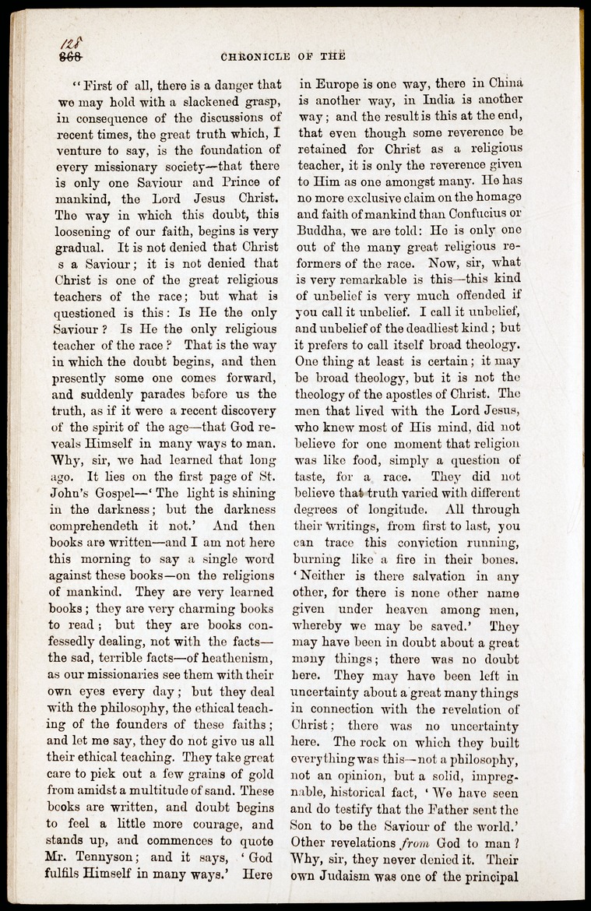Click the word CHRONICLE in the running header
point(252,55)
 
